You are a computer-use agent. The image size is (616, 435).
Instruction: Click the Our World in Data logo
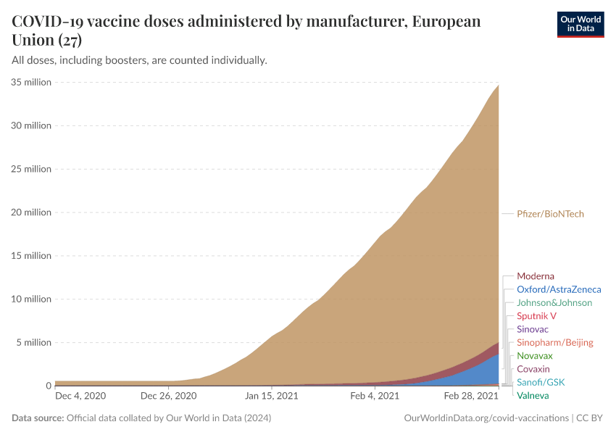[580, 24]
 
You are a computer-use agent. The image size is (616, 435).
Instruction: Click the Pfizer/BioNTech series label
[550, 214]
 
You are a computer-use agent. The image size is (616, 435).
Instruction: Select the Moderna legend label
[535, 276]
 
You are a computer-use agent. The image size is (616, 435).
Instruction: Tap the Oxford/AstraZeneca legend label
[559, 289]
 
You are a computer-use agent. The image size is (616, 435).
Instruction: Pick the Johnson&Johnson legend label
[554, 302]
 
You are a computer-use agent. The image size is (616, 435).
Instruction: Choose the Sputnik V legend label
[536, 316]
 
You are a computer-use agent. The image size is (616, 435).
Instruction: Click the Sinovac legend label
[533, 329]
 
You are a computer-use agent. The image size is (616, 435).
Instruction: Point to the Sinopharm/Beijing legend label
[554, 342]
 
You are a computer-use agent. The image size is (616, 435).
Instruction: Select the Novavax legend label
[534, 356]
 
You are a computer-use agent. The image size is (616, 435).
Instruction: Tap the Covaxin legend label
[533, 369]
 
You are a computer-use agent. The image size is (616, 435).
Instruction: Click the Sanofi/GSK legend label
[540, 382]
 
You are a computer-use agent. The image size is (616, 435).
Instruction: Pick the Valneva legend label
[533, 395]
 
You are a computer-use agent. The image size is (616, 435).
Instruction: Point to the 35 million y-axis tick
[32, 82]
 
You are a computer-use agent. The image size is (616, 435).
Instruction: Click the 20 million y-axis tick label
[32, 212]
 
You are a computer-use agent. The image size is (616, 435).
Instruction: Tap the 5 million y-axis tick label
[34, 342]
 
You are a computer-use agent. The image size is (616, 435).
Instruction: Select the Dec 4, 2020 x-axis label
[80, 397]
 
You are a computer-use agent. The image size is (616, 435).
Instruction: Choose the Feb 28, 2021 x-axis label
[471, 397]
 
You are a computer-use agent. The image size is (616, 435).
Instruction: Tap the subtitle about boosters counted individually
[140, 59]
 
